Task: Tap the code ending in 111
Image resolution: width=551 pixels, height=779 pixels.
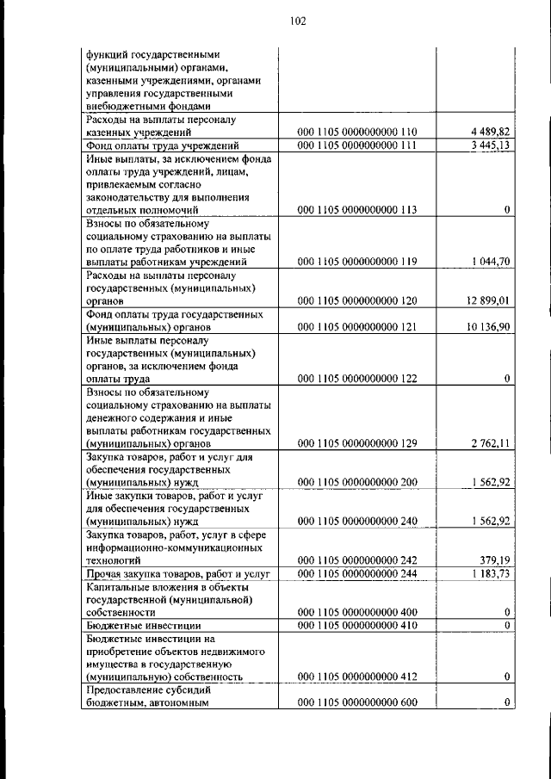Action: [x=357, y=145]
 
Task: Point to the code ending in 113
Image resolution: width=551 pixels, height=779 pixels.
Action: [x=357, y=210]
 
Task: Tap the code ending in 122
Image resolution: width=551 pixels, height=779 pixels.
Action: [x=357, y=379]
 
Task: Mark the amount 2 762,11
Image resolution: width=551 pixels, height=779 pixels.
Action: [x=492, y=443]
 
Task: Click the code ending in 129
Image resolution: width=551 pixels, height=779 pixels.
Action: [x=357, y=443]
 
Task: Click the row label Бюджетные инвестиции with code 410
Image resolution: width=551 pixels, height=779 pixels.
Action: [x=144, y=626]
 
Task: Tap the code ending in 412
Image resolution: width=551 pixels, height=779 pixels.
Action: [x=357, y=677]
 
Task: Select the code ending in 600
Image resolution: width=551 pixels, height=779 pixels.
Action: [x=357, y=703]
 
